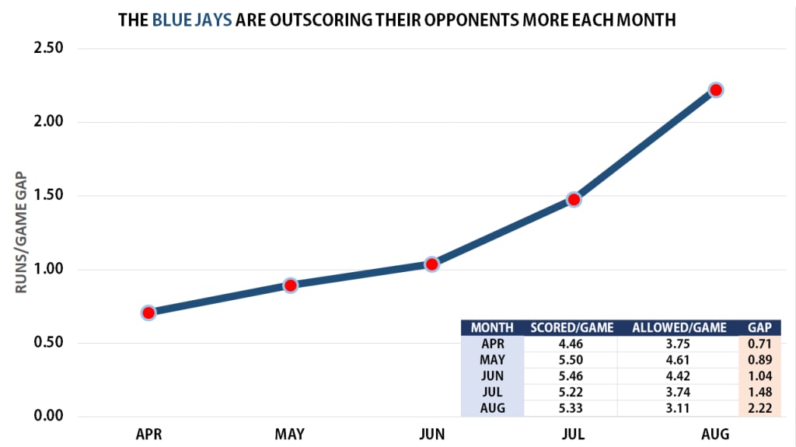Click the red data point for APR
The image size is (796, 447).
click(148, 313)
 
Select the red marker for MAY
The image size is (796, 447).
click(290, 285)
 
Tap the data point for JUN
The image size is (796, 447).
click(431, 264)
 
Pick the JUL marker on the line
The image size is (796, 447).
click(574, 199)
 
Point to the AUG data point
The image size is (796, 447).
click(716, 90)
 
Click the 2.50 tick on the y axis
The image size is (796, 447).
click(47, 49)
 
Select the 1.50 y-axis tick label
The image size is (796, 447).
click(47, 196)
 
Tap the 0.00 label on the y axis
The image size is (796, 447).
click(47, 417)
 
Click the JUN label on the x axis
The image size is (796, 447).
click(431, 434)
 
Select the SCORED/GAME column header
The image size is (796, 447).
click(571, 327)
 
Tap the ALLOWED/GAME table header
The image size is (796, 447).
click(679, 327)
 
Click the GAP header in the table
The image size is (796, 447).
click(759, 327)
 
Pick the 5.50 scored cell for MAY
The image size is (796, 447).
click(571, 360)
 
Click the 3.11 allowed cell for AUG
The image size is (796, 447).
click(679, 407)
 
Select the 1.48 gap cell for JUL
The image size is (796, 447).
click(759, 392)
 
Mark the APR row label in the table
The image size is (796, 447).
click(492, 344)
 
